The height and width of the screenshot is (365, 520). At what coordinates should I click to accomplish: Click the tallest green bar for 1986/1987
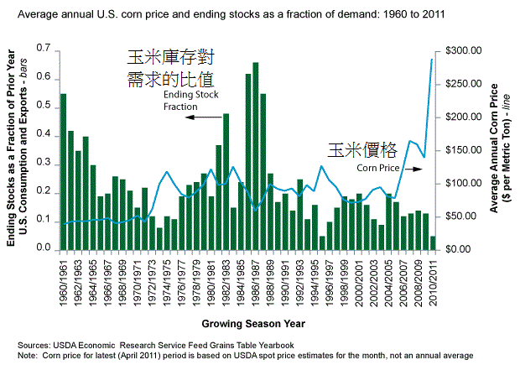255,156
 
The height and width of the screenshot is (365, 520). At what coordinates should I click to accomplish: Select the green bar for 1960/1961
64,172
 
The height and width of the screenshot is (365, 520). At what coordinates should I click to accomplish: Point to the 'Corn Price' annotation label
377,168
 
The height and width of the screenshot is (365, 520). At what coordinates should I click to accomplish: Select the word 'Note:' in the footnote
28,355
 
